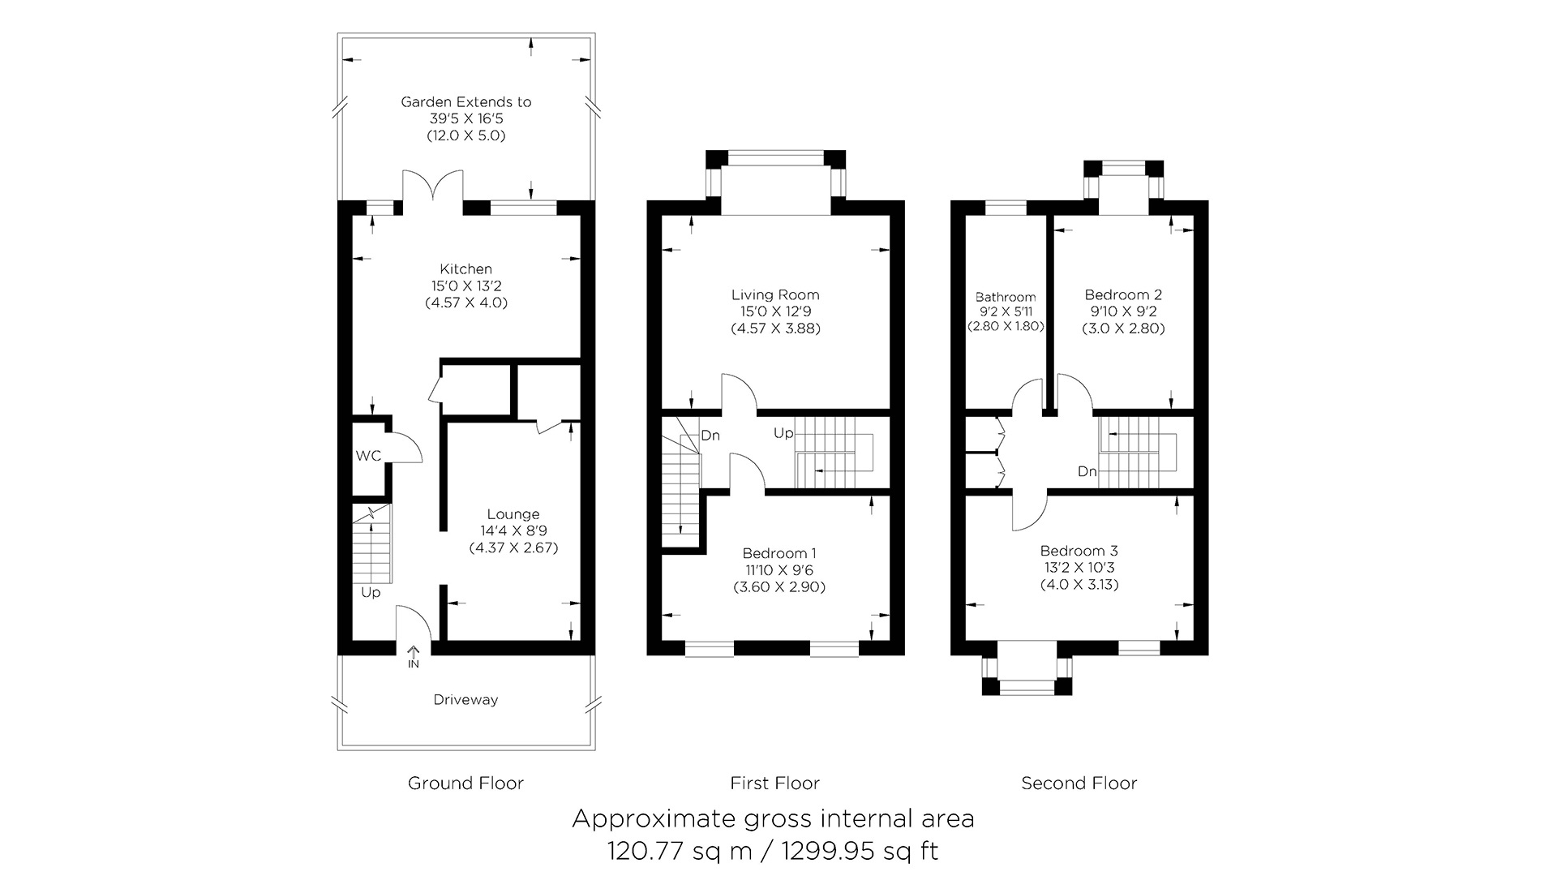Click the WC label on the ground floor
368,456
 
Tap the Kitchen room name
465,269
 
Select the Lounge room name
513,514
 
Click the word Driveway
465,700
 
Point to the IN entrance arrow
414,655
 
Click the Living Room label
775,295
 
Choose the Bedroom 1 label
779,553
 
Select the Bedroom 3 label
1079,552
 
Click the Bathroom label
1006,297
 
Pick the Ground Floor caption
465,784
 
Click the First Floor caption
775,784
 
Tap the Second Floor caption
1079,784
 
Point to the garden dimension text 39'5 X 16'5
466,118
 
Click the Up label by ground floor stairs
371,593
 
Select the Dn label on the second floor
1087,471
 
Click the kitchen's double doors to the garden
433,185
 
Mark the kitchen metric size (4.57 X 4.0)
466,303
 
